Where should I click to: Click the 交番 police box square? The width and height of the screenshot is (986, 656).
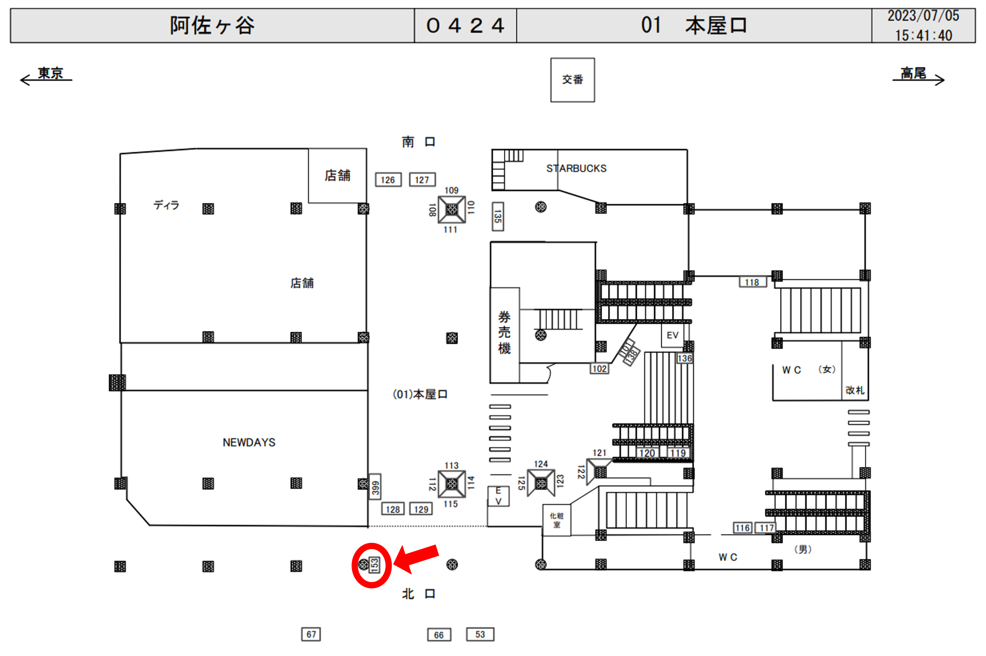click(572, 80)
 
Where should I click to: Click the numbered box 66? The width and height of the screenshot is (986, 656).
click(439, 635)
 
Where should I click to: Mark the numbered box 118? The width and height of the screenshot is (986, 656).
click(752, 283)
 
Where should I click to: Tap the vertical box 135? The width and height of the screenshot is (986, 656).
click(497, 216)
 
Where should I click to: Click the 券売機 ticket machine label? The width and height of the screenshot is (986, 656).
click(504, 333)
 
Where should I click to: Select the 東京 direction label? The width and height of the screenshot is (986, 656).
click(50, 73)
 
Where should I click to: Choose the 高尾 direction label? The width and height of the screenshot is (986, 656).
click(913, 73)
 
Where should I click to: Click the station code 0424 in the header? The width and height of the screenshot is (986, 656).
click(465, 26)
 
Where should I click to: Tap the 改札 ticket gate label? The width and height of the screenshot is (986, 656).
click(854, 390)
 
